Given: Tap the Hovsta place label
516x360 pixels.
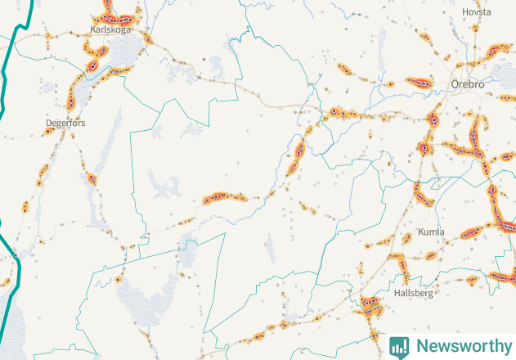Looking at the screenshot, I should coord(476,12).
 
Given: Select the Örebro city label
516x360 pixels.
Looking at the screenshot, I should coord(468,84).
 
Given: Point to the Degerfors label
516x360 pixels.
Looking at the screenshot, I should coord(65,123).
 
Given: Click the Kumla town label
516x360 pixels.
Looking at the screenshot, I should coord(431,232).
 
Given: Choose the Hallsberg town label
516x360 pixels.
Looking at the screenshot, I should coord(413,292).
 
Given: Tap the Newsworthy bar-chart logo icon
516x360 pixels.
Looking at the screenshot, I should coord(400,346).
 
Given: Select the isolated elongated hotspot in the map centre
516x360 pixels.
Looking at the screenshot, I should coord(224,197).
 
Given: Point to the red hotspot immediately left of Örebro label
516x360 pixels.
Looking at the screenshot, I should coord(420,82).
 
